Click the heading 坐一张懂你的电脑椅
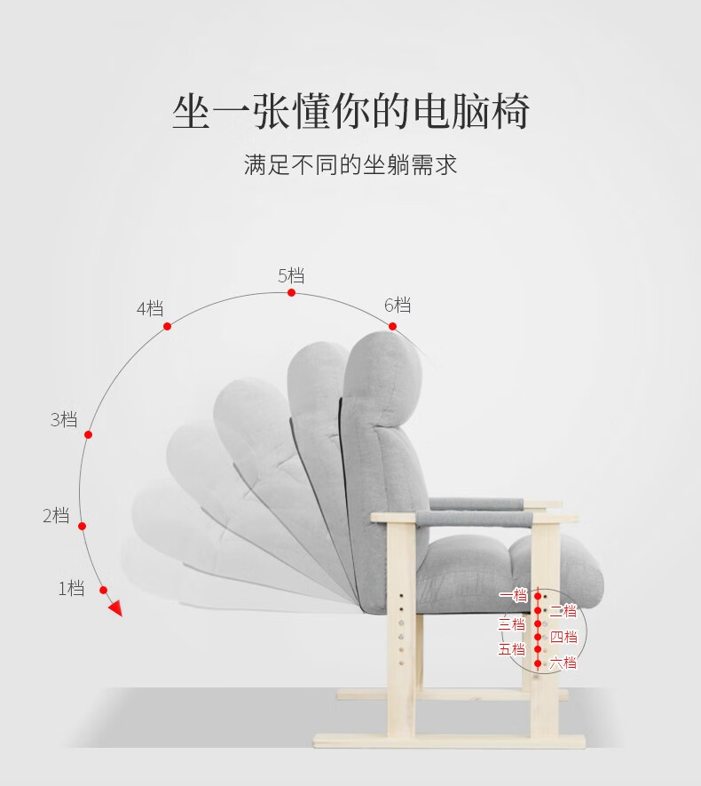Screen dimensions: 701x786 click(350, 113)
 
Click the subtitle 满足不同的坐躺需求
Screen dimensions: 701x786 click(350, 165)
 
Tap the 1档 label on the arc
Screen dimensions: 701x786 click(71, 587)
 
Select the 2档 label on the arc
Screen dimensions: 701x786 click(56, 515)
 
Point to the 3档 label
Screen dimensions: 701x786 click(64, 419)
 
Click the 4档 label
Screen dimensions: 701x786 click(150, 308)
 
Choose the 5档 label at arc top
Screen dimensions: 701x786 click(291, 275)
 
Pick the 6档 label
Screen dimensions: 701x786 click(398, 305)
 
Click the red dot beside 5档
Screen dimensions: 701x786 click(291, 292)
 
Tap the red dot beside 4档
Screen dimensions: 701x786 click(167, 326)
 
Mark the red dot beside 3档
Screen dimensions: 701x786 click(88, 434)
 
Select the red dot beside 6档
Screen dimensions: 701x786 click(392, 327)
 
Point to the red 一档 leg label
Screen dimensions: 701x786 click(513, 596)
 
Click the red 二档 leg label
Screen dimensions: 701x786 click(563, 610)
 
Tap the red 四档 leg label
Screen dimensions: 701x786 click(563, 636)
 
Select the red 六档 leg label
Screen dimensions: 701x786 click(563, 663)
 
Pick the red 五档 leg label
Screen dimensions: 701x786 click(512, 649)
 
